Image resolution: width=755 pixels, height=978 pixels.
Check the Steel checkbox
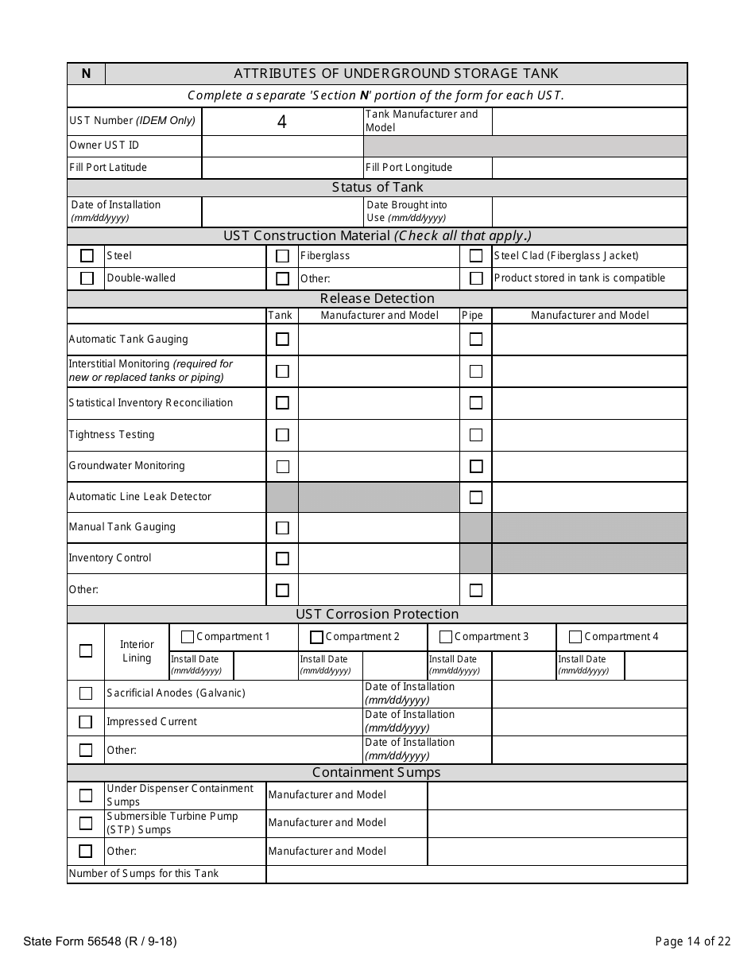(87, 256)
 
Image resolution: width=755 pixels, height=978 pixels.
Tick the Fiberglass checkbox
(282, 256)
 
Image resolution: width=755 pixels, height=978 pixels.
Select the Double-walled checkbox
(87, 278)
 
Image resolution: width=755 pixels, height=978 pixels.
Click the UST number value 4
(281, 122)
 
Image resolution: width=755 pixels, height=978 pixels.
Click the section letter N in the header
(86, 74)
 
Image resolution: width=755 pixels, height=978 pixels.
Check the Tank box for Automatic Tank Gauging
(282, 340)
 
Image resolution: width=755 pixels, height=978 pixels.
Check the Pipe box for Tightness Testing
(476, 435)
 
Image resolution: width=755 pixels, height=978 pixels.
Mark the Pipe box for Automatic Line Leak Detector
(476, 497)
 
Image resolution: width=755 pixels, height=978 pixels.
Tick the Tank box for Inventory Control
(282, 558)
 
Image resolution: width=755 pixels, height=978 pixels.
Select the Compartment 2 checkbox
(316, 637)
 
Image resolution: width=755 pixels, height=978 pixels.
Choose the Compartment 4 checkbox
(575, 637)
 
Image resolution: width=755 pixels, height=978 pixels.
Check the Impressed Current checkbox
(86, 722)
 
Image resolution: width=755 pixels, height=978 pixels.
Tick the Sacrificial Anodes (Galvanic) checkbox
(86, 693)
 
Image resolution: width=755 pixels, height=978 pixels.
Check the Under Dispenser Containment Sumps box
(86, 795)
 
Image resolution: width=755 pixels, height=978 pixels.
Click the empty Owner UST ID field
(282, 146)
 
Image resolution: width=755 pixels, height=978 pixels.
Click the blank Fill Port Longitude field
(589, 168)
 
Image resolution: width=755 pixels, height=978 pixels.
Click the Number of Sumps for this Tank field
(476, 874)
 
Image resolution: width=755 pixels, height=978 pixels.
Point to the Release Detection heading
(377, 299)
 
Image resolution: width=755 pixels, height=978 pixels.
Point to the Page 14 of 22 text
(692, 941)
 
